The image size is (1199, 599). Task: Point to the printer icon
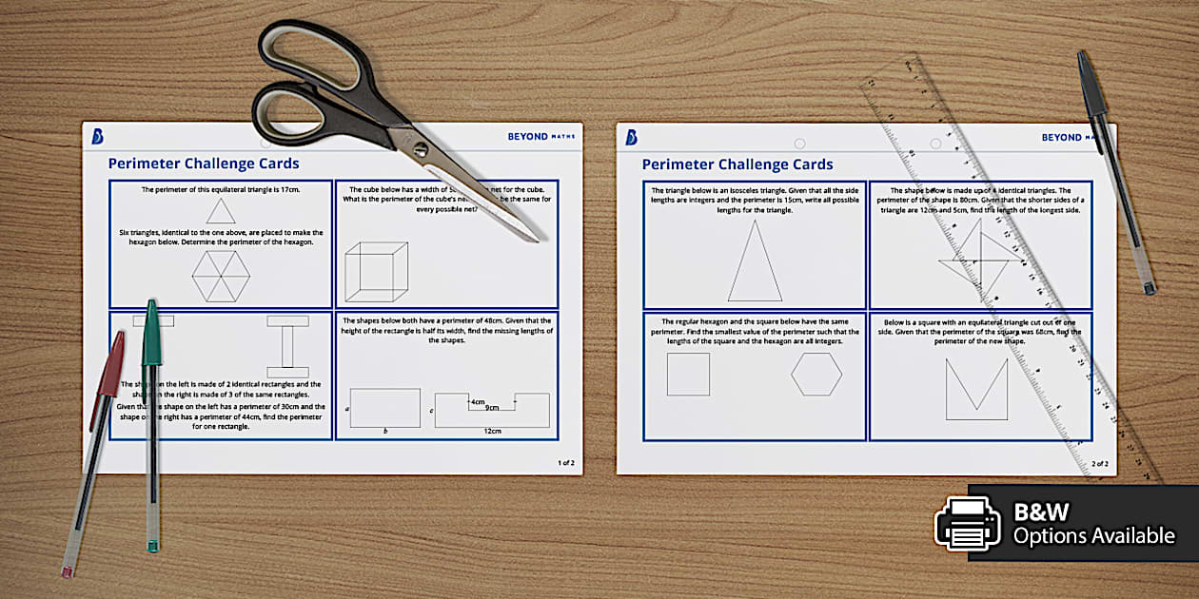click(x=967, y=523)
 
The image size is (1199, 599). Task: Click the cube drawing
click(x=376, y=273)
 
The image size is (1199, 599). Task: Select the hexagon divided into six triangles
click(x=221, y=277)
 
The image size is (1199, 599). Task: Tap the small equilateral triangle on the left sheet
click(x=221, y=211)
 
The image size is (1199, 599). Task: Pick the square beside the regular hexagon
click(x=688, y=374)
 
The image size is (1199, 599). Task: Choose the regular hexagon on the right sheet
click(x=816, y=374)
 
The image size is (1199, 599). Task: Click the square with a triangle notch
click(x=976, y=389)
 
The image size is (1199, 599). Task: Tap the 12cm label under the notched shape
click(x=492, y=432)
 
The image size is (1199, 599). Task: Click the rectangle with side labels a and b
click(x=384, y=408)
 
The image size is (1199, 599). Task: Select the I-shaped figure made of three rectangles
click(x=287, y=346)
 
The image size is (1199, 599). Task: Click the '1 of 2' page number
click(x=565, y=463)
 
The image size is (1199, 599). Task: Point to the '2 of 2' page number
click(x=1099, y=464)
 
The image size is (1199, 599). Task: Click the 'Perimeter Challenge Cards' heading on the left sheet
click(x=204, y=164)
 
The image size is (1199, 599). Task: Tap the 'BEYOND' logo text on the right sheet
click(x=1061, y=138)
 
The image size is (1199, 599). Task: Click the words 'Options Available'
click(x=1093, y=536)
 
